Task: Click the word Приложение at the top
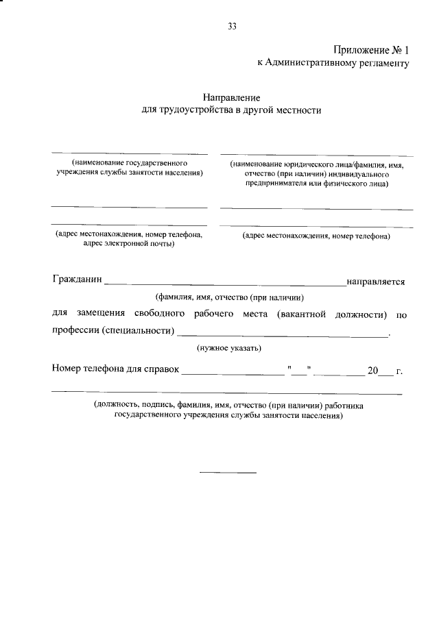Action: click(359, 50)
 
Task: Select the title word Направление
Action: click(226, 98)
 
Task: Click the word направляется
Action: click(376, 282)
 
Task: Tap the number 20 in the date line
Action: click(372, 371)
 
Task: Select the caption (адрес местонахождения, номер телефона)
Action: click(316, 236)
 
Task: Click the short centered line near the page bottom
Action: click(228, 473)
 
